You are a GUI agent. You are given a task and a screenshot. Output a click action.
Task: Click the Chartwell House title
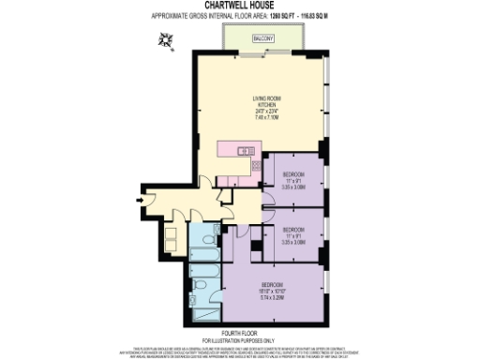click(239, 5)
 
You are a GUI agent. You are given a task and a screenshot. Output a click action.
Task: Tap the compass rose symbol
click(167, 38)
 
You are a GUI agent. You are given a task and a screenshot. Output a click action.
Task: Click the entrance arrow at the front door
click(142, 199)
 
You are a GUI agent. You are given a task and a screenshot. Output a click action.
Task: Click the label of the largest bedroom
click(273, 284)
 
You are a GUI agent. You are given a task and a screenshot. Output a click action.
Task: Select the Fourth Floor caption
click(239, 326)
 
